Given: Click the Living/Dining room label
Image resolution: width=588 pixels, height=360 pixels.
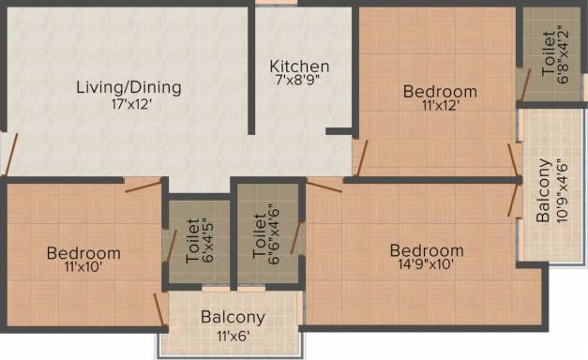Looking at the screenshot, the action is (129, 88).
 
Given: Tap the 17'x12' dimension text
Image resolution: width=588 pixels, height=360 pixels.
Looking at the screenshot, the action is (131, 104).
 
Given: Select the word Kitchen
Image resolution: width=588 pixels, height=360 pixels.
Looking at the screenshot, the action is (299, 67).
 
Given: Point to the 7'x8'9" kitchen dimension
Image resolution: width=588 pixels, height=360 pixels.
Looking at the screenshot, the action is (299, 80).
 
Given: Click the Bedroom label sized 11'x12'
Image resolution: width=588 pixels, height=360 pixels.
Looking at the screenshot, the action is (440, 92).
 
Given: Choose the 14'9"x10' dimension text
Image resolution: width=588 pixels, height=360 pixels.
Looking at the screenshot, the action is (427, 264).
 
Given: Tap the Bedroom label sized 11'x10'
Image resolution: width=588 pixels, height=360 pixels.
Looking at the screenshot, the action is (83, 253).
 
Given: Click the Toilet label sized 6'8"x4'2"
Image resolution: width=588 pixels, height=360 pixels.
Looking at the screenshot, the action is (549, 53).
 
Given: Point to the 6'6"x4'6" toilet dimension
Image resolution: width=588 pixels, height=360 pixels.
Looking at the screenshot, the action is (274, 234).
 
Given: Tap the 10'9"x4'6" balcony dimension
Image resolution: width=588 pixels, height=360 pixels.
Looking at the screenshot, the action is (562, 191).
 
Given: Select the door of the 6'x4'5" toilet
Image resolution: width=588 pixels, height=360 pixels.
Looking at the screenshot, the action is (172, 246).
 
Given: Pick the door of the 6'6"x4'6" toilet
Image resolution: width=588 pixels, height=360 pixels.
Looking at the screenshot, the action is (296, 237).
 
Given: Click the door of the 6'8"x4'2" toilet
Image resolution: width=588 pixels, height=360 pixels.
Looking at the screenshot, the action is (524, 84).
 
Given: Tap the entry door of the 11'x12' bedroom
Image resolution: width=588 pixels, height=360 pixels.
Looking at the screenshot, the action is (361, 157).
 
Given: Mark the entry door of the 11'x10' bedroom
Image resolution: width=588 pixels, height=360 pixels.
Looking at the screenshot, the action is (143, 186).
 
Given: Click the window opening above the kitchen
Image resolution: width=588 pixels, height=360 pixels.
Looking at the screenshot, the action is (277, 2).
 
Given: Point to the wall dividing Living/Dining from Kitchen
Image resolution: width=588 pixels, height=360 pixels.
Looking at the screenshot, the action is (251, 69).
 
